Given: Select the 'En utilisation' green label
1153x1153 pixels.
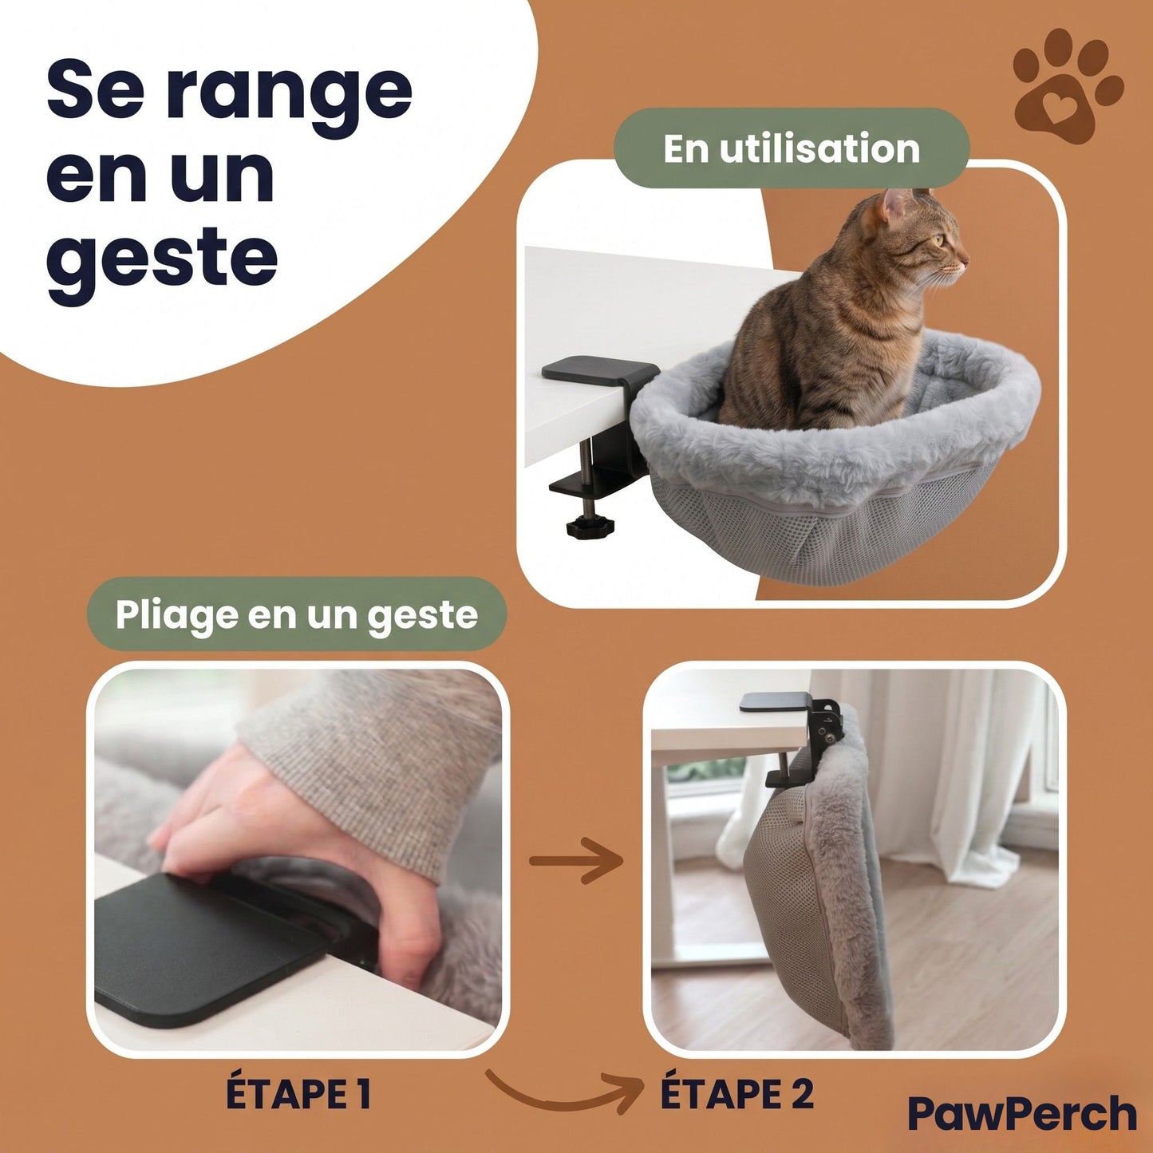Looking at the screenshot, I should click(x=791, y=149).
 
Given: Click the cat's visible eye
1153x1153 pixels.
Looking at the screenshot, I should click(x=938, y=239).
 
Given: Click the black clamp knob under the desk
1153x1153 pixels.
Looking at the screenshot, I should click(x=587, y=527).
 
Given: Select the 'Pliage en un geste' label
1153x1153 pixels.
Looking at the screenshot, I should click(x=296, y=614).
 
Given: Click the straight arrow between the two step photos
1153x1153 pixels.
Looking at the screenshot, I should click(x=576, y=860).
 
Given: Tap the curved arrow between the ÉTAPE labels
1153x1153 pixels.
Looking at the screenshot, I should click(x=563, y=1091).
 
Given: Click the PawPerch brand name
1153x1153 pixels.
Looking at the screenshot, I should click(x=1021, y=1114).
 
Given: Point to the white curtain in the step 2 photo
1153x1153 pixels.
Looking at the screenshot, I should click(x=958, y=766).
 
